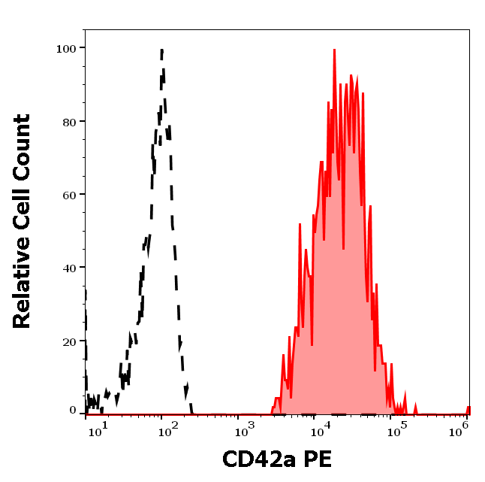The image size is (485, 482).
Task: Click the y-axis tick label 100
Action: pos(66,48)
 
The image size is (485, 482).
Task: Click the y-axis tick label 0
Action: pos(73,411)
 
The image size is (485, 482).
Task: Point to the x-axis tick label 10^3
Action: pos(242,431)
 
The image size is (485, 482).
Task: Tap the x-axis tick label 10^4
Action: pos(320,431)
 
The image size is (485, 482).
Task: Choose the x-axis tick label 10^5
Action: pos(396,431)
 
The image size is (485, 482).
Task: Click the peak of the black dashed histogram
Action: pos(161,50)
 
